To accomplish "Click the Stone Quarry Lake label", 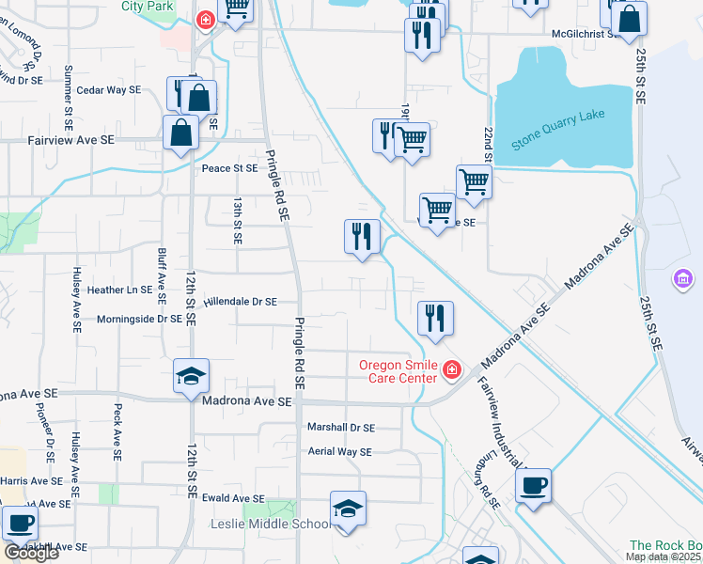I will click(558, 131).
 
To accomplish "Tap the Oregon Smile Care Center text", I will click(398, 371).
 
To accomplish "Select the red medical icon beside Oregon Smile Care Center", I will click(452, 371).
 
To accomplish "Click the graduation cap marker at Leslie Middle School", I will click(348, 509).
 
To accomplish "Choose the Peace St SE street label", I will click(229, 168).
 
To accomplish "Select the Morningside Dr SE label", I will click(139, 319).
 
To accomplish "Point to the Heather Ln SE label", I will click(119, 290).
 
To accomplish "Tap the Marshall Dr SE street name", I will click(341, 427).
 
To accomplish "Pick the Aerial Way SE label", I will click(340, 452).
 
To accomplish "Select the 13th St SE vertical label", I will click(238, 221).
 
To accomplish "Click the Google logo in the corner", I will click(30, 553).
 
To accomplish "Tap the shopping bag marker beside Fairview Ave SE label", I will click(180, 133).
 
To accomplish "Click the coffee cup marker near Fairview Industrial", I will click(533, 486).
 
